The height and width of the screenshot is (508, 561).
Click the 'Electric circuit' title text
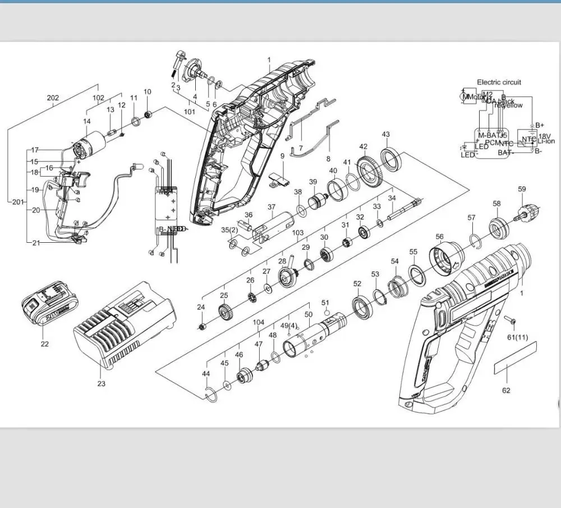click(499, 82)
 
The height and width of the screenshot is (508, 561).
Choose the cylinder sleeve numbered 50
click(317, 335)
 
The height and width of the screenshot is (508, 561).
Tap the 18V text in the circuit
click(545, 136)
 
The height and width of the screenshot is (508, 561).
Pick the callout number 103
click(298, 233)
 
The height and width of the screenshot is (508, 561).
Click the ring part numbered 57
click(474, 241)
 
